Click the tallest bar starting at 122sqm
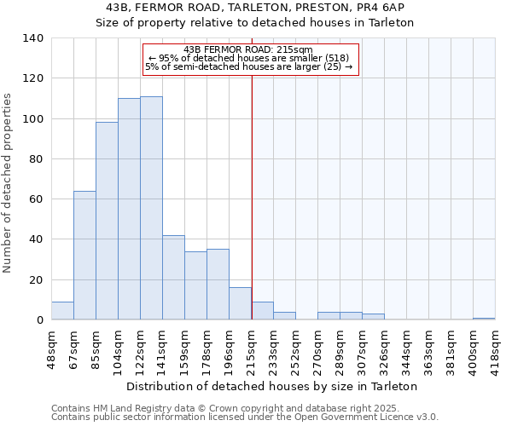[x=151, y=208]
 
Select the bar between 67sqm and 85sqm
[x=84, y=256]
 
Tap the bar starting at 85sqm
[x=107, y=221]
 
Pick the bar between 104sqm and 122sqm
[x=129, y=209]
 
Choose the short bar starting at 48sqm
[x=62, y=311]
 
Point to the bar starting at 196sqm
[x=240, y=304]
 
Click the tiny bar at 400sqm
[x=484, y=319]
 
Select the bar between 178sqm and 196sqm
[x=218, y=285]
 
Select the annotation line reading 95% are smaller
[x=247, y=57]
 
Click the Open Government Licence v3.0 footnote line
[x=245, y=417]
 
